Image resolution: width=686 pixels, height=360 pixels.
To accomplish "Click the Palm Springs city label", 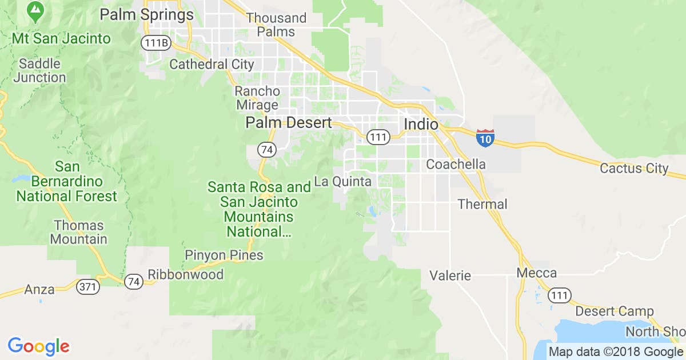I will (146, 14).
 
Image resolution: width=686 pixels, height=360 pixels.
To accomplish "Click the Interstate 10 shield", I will (485, 138).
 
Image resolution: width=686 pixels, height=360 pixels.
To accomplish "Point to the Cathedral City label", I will (212, 64).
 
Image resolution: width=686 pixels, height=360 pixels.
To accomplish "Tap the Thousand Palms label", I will (276, 25).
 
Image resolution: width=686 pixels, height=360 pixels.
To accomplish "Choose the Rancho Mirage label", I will (257, 98).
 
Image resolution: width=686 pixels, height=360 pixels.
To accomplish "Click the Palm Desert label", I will (289, 123).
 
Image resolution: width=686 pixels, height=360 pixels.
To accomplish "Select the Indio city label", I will (421, 124).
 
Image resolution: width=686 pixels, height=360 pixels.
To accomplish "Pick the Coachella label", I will (456, 165).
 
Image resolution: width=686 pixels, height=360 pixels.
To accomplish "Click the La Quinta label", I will (343, 182).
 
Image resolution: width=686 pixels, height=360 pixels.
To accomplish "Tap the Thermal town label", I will (482, 204).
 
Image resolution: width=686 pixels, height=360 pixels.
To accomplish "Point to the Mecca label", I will (536, 273).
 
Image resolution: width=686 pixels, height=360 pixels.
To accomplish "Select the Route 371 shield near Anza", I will (87, 287).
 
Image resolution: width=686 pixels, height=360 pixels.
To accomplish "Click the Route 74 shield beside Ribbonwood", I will (135, 282).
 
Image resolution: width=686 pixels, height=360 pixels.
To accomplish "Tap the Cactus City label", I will (634, 169).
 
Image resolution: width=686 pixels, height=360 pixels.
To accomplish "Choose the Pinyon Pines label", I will (224, 255).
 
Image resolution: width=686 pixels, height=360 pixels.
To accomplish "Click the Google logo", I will (38, 346).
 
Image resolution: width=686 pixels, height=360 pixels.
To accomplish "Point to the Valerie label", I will (450, 276).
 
